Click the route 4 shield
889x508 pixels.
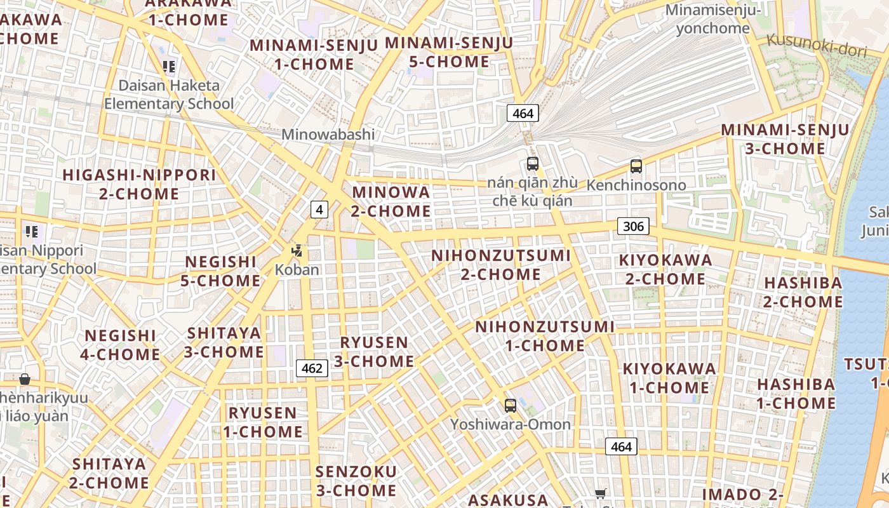(319, 209)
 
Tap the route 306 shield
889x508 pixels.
(633, 226)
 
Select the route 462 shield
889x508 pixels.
(312, 368)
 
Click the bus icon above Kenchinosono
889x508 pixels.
(636, 166)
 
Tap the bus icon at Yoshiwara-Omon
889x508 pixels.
(510, 406)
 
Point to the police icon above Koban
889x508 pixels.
(297, 251)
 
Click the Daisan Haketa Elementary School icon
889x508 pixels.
(168, 66)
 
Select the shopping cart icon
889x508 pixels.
(600, 493)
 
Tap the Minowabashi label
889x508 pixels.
(328, 135)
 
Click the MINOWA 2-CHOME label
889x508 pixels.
(391, 201)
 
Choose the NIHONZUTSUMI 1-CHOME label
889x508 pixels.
(545, 337)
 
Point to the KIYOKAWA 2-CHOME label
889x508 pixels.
(665, 269)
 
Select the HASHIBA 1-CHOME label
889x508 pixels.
(796, 394)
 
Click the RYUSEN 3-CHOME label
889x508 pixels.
(374, 352)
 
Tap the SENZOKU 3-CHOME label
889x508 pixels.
(356, 481)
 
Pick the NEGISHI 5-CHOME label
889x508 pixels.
(220, 271)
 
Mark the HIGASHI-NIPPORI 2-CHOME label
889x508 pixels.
(139, 184)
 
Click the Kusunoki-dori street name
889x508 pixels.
(816, 44)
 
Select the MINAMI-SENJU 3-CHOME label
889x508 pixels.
(785, 139)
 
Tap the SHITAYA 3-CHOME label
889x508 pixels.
(224, 342)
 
